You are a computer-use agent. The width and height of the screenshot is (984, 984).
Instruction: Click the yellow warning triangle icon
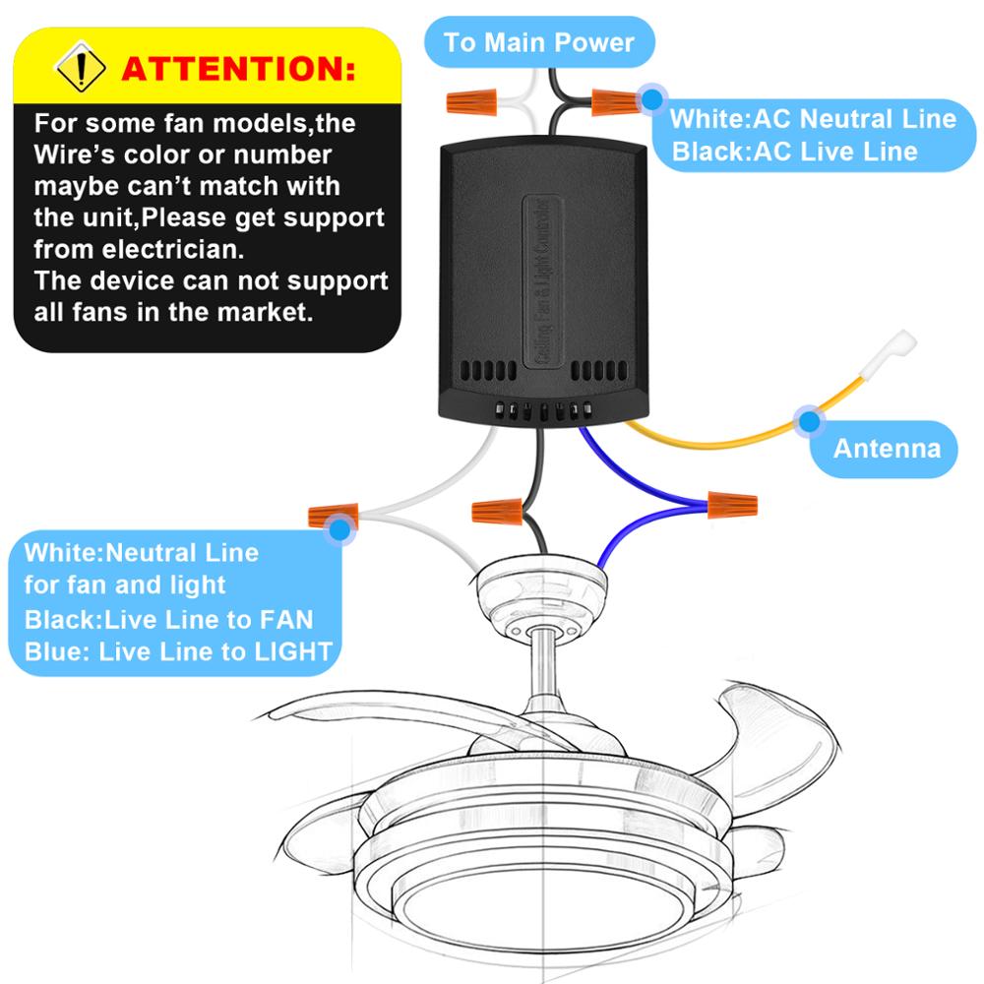coord(80,68)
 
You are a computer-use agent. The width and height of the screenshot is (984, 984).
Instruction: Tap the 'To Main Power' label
coord(538,42)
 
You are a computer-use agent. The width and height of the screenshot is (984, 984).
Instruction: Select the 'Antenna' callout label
coord(887,449)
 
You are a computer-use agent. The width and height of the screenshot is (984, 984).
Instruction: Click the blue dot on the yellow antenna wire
coord(809,422)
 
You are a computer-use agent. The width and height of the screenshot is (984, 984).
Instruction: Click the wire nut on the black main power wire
coord(614,100)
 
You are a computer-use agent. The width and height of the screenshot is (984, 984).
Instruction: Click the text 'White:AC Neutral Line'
coord(813,119)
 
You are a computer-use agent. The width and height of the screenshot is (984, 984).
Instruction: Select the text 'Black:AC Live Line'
coord(793,152)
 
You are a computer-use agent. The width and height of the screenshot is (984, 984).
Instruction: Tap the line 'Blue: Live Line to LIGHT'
coord(178,651)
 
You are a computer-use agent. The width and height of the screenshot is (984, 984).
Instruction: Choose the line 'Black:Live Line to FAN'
coord(168,619)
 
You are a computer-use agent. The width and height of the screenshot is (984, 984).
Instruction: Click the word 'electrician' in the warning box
coord(158,249)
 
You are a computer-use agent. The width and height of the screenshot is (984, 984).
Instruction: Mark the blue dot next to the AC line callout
coord(650,98)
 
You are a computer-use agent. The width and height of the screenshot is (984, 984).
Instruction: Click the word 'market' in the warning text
coord(262,313)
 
